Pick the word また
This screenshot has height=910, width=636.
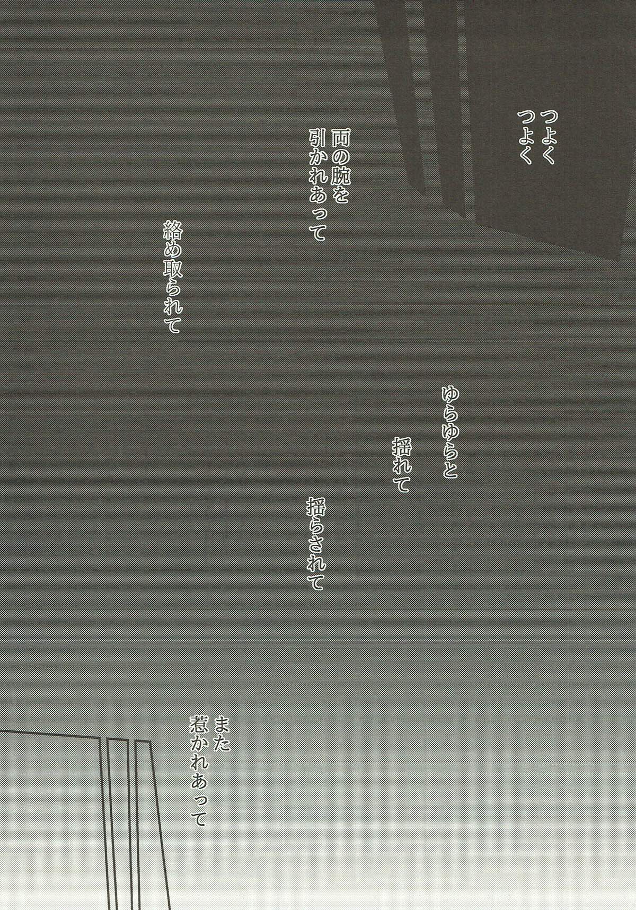point(222,732)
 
